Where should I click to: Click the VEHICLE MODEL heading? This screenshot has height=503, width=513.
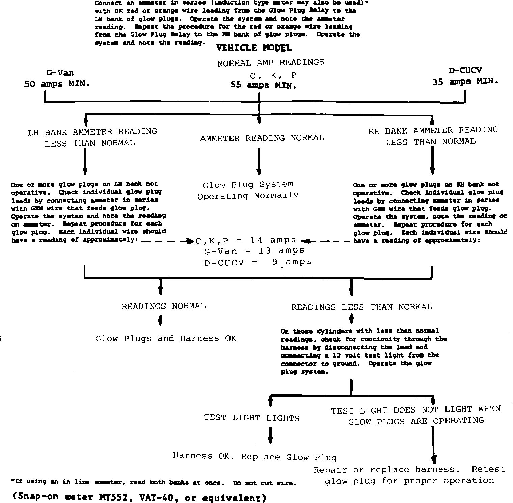pyautogui.click(x=253, y=48)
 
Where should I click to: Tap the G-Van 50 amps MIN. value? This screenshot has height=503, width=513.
pyautogui.click(x=57, y=84)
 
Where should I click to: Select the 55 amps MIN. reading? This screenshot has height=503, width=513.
pyautogui.click(x=264, y=85)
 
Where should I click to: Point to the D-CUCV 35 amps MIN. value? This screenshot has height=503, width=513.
pyautogui.click(x=465, y=82)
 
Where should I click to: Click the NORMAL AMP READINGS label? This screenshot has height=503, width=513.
pyautogui.click(x=270, y=63)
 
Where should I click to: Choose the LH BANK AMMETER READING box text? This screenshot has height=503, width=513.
pyautogui.click(x=92, y=137)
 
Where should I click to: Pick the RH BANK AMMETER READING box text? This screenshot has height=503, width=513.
pyautogui.click(x=433, y=136)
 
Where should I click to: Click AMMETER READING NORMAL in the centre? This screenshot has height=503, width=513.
pyautogui.click(x=262, y=138)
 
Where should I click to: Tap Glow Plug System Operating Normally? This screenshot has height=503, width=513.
pyautogui.click(x=248, y=190)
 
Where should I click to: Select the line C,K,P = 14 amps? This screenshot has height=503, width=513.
pyautogui.click(x=246, y=240)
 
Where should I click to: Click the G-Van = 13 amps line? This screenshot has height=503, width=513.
pyautogui.click(x=254, y=251)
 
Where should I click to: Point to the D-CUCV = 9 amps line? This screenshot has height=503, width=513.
pyautogui.click(x=258, y=262)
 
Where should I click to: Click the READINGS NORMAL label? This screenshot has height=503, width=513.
pyautogui.click(x=163, y=306)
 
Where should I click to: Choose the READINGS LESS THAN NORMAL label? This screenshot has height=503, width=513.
pyautogui.click(x=361, y=307)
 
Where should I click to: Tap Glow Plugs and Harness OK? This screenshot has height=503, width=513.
pyautogui.click(x=166, y=339)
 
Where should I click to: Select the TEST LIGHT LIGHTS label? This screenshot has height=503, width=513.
pyautogui.click(x=251, y=418)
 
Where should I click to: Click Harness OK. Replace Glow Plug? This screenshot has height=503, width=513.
pyautogui.click(x=255, y=457)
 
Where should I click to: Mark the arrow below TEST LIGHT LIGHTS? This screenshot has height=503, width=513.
pyautogui.click(x=270, y=435)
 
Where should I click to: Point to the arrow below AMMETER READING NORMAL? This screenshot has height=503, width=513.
pyautogui.click(x=259, y=161)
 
